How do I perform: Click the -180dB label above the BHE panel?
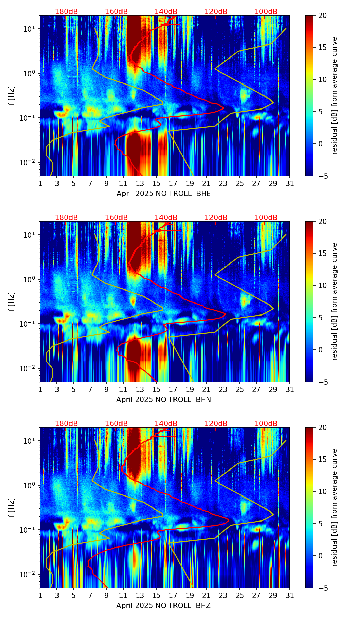point(65,12)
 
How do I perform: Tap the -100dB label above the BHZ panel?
point(265,424)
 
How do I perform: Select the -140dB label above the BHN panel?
point(165,218)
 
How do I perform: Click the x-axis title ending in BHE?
point(164,194)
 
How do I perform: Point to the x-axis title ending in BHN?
point(164,400)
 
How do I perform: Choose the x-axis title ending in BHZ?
point(164,606)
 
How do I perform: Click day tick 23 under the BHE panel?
point(223,184)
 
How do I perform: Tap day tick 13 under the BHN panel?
point(140,390)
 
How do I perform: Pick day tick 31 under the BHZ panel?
point(290,596)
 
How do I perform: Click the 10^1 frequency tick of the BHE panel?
point(30,29)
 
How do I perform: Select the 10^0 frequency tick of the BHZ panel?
point(30,485)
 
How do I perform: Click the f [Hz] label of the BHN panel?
point(12,301)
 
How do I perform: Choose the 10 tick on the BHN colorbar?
point(323,285)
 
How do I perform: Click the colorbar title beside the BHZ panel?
point(335,507)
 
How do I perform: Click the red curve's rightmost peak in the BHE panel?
point(224,108)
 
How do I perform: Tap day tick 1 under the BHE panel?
point(40,184)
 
